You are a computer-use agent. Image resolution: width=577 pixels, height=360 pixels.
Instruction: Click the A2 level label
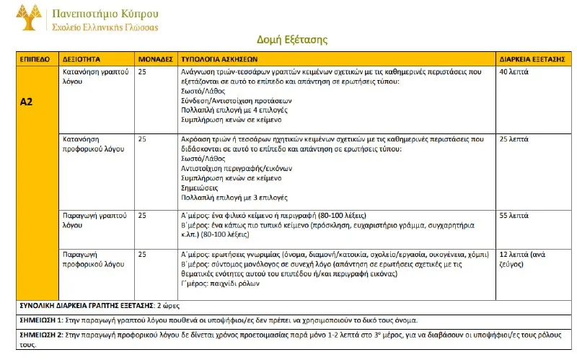click(x=27, y=102)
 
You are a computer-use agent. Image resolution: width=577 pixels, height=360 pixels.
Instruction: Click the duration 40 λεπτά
click(x=514, y=73)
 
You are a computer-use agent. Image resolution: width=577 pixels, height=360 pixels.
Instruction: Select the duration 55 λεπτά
click(x=514, y=216)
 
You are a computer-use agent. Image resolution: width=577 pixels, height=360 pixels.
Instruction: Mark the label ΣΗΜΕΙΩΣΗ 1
click(x=37, y=320)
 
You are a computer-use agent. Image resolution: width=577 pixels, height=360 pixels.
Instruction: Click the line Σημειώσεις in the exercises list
click(x=198, y=187)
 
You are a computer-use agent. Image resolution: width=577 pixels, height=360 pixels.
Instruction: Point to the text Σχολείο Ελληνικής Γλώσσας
click(x=107, y=27)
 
